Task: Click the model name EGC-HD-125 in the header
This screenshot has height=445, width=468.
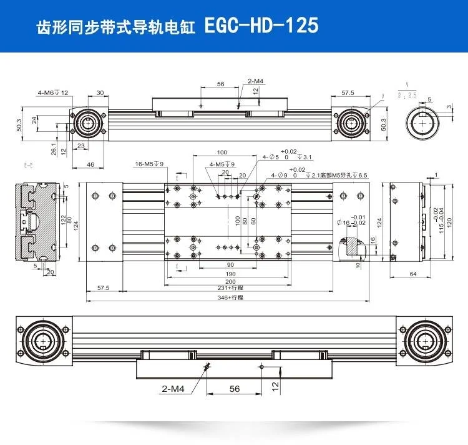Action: (x=261, y=26)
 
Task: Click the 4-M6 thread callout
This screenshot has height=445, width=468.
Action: (x=52, y=92)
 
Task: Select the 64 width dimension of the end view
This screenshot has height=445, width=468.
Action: (x=412, y=273)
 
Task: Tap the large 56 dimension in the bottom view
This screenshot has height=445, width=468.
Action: (x=234, y=388)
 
